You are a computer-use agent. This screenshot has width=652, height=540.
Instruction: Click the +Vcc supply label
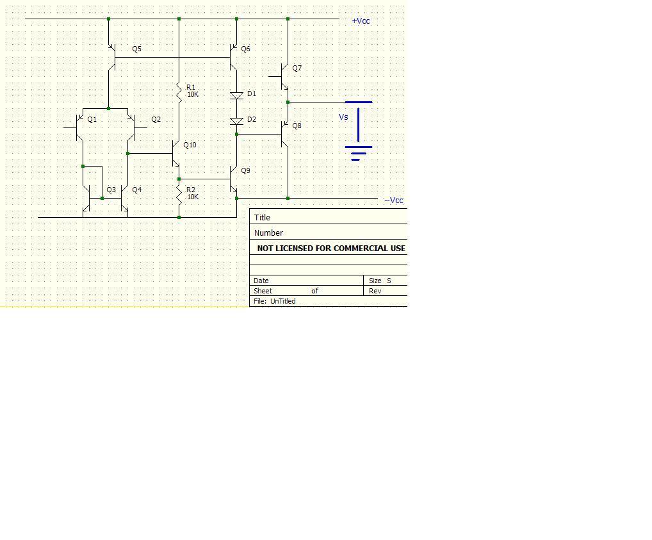click(x=361, y=21)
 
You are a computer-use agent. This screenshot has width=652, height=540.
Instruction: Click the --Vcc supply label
click(x=394, y=200)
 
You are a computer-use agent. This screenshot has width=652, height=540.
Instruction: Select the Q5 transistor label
click(x=136, y=49)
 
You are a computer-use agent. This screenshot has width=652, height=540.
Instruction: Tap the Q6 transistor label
click(x=245, y=49)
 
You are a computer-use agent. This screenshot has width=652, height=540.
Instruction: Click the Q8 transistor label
click(x=297, y=126)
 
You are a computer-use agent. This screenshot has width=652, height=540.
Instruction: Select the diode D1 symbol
click(x=236, y=95)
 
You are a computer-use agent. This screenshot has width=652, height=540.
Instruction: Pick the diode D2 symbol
click(x=236, y=121)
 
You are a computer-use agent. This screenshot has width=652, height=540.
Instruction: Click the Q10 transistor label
click(x=190, y=145)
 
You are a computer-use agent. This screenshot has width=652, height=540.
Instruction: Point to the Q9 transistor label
click(x=245, y=171)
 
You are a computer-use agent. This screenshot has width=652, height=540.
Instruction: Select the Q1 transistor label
click(x=92, y=120)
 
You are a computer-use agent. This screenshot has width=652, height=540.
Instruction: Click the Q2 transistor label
click(x=156, y=120)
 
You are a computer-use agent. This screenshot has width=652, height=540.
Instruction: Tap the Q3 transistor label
click(x=111, y=190)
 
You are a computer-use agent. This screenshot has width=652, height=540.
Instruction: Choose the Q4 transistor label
click(x=136, y=190)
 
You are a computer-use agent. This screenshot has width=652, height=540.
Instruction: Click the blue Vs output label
click(x=343, y=117)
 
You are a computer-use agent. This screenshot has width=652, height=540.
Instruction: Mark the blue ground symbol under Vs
click(x=358, y=153)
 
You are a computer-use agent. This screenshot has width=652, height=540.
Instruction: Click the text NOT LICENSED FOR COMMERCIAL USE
click(x=330, y=249)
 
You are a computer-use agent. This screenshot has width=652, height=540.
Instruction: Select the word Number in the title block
click(x=268, y=233)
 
